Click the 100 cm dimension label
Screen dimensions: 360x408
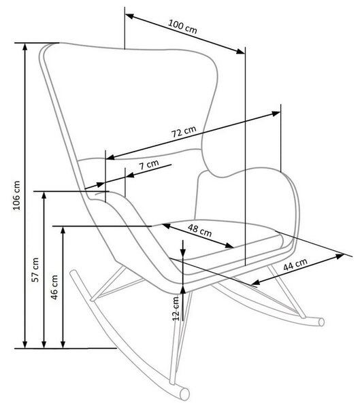182,27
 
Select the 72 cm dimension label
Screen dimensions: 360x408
184,132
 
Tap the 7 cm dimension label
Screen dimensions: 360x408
149,165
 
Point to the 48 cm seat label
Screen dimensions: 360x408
200,230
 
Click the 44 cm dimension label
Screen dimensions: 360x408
295,265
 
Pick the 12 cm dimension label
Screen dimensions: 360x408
176,309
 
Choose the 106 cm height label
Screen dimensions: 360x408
16,195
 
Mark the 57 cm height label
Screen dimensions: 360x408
35,270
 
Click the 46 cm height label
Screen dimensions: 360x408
54,287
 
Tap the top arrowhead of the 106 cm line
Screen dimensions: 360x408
25,46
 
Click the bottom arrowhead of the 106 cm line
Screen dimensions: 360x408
25,344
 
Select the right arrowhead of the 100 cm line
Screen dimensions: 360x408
241,51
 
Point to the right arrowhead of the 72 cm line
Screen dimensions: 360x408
276,114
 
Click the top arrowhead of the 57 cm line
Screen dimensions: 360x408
44,195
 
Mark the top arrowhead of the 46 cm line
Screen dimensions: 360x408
63,231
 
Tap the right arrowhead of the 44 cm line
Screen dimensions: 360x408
340,256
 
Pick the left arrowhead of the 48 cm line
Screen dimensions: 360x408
167,226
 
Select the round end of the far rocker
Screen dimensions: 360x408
321,322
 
